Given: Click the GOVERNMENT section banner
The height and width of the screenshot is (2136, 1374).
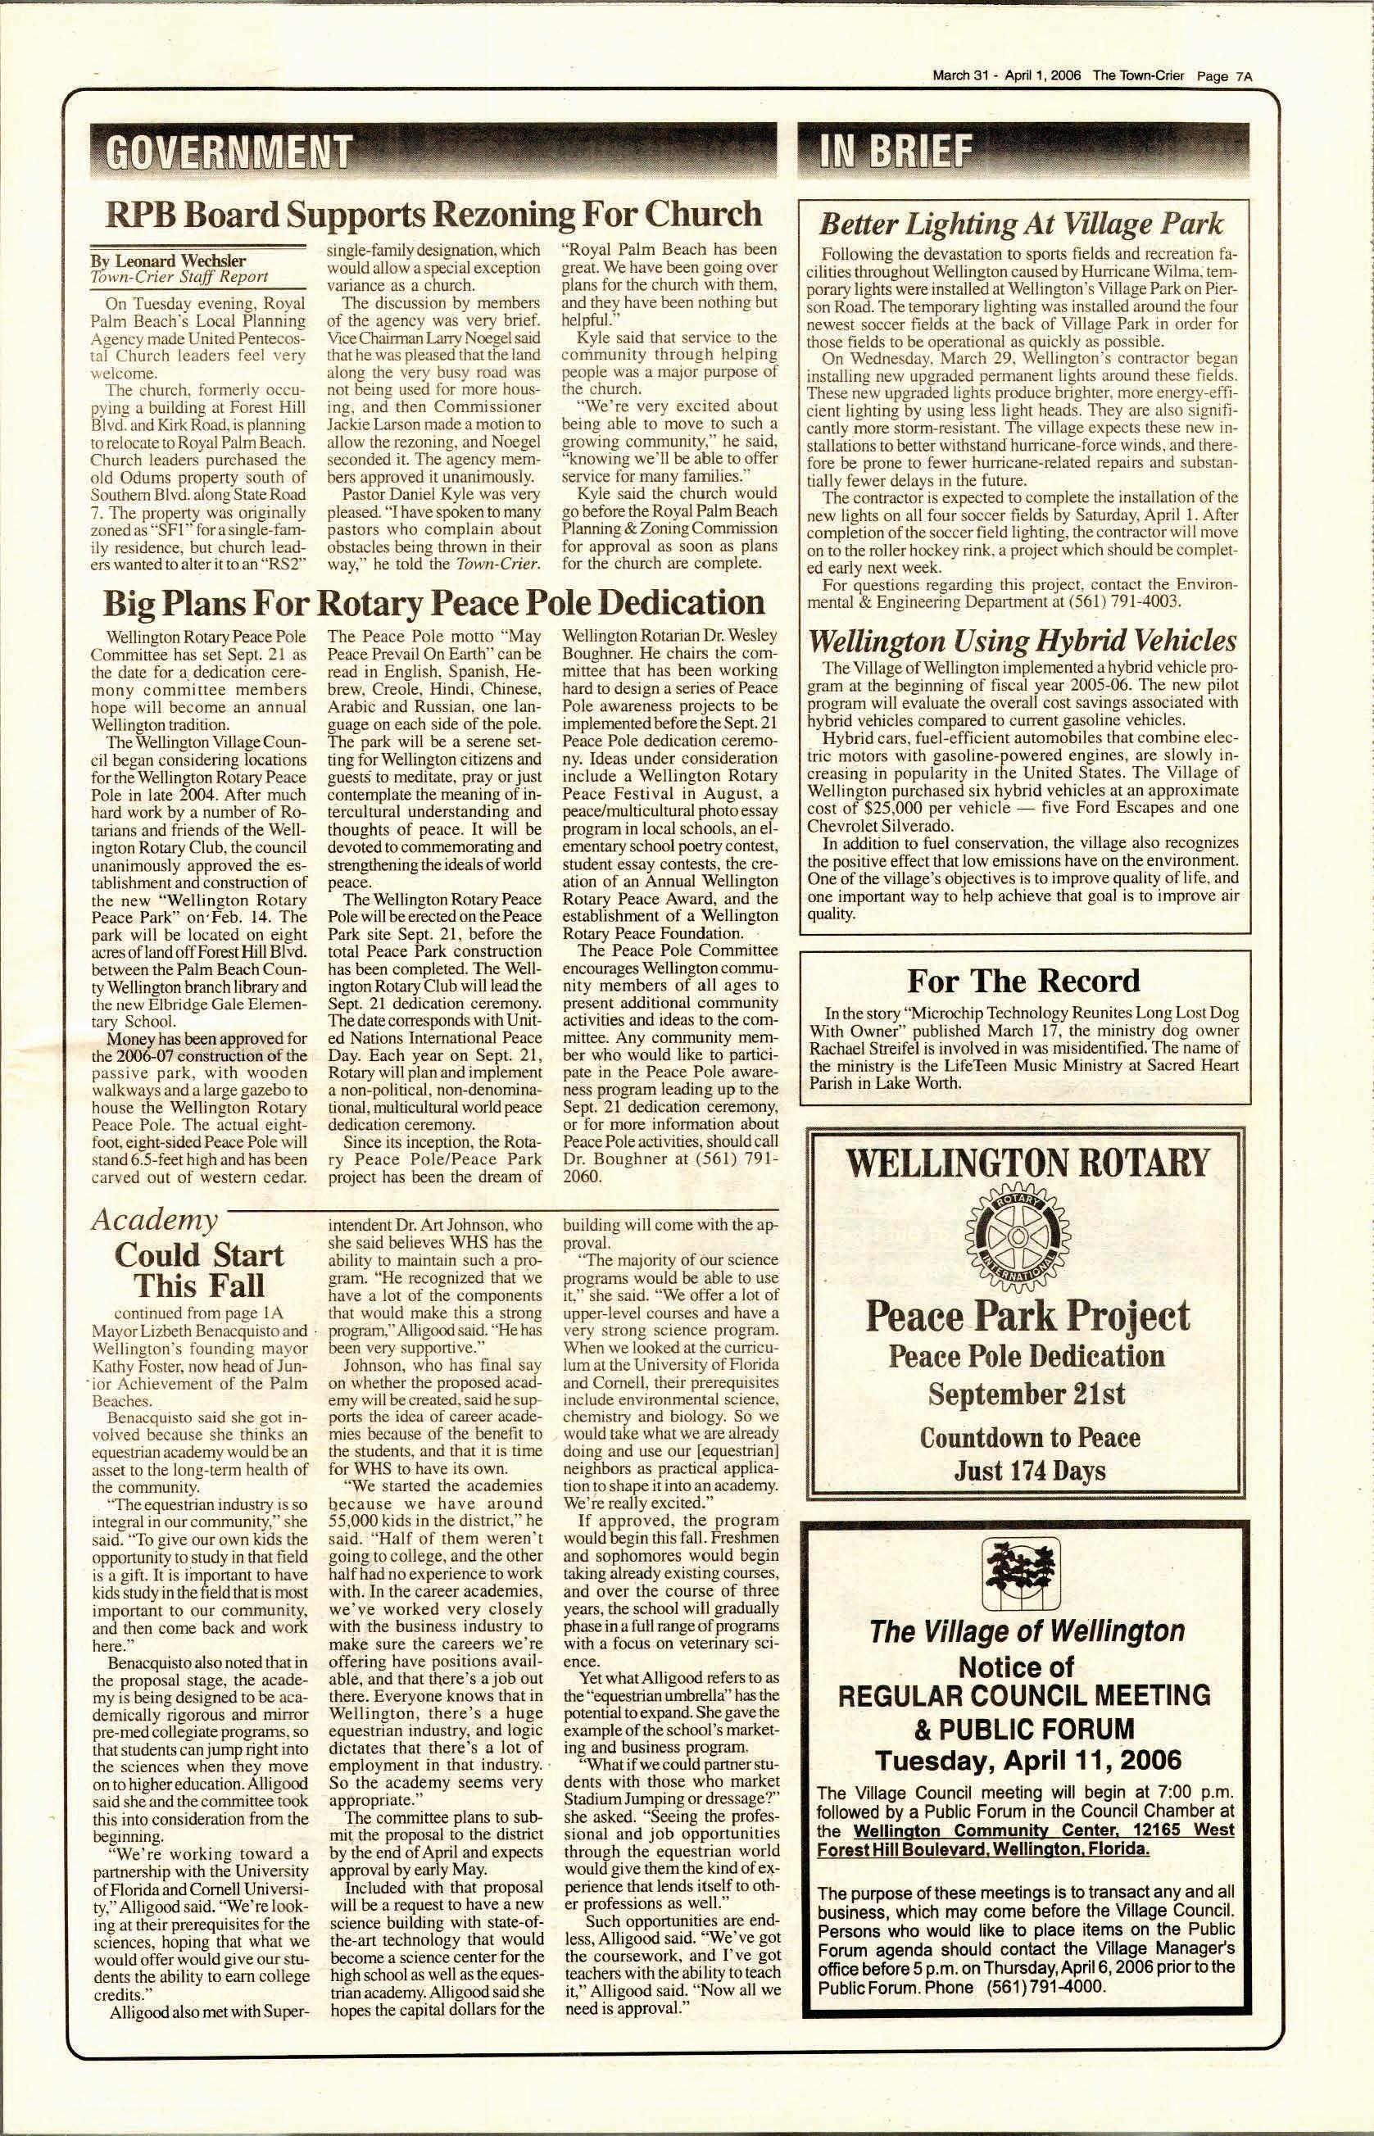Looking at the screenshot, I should click(x=227, y=152).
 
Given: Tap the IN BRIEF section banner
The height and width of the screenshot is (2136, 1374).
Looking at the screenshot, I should click(x=897, y=152).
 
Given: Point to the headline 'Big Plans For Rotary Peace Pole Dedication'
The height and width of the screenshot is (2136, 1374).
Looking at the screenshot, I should click(x=433, y=603).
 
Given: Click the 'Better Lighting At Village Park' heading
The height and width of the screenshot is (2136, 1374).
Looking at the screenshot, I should click(x=1021, y=223).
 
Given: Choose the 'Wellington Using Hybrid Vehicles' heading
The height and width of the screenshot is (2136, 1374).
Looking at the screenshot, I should click(x=1022, y=641).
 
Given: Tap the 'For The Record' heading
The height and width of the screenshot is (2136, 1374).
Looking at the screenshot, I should click(x=1023, y=981).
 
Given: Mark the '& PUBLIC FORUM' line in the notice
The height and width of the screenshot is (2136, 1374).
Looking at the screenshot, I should click(x=1024, y=1727).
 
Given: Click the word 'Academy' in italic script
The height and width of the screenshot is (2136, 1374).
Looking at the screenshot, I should click(x=154, y=1219).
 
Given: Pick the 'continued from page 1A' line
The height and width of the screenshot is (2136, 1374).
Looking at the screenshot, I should click(x=198, y=1313).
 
